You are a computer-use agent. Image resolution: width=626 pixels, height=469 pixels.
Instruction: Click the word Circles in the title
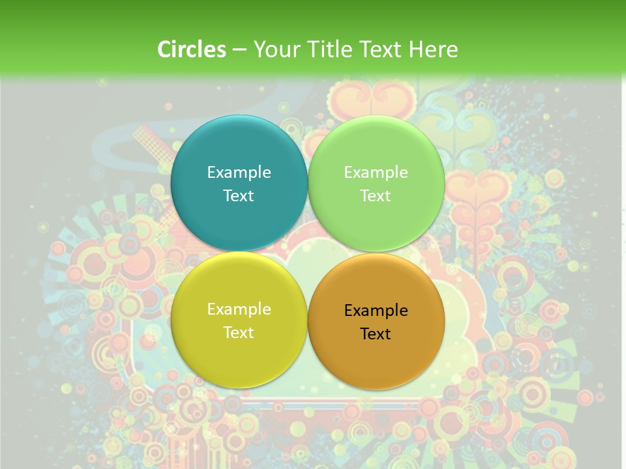point(192,50)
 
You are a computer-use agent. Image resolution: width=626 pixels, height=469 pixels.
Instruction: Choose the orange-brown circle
point(376,355)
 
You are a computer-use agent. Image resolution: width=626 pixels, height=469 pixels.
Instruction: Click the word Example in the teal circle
point(239,173)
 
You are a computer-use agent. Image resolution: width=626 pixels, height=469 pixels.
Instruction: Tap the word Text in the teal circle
point(239,196)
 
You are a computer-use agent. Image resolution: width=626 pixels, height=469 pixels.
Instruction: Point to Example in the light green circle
point(376,173)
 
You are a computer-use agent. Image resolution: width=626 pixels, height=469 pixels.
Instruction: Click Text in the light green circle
point(376,196)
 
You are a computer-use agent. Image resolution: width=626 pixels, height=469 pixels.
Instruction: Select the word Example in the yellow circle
point(239,309)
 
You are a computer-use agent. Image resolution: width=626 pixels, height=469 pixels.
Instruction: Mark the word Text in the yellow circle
point(239,333)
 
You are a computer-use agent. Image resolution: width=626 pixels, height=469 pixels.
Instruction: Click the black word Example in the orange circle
point(376,311)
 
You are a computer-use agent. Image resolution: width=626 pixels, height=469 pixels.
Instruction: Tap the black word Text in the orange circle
point(376,334)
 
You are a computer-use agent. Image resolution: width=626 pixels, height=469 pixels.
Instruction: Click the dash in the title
point(239,50)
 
